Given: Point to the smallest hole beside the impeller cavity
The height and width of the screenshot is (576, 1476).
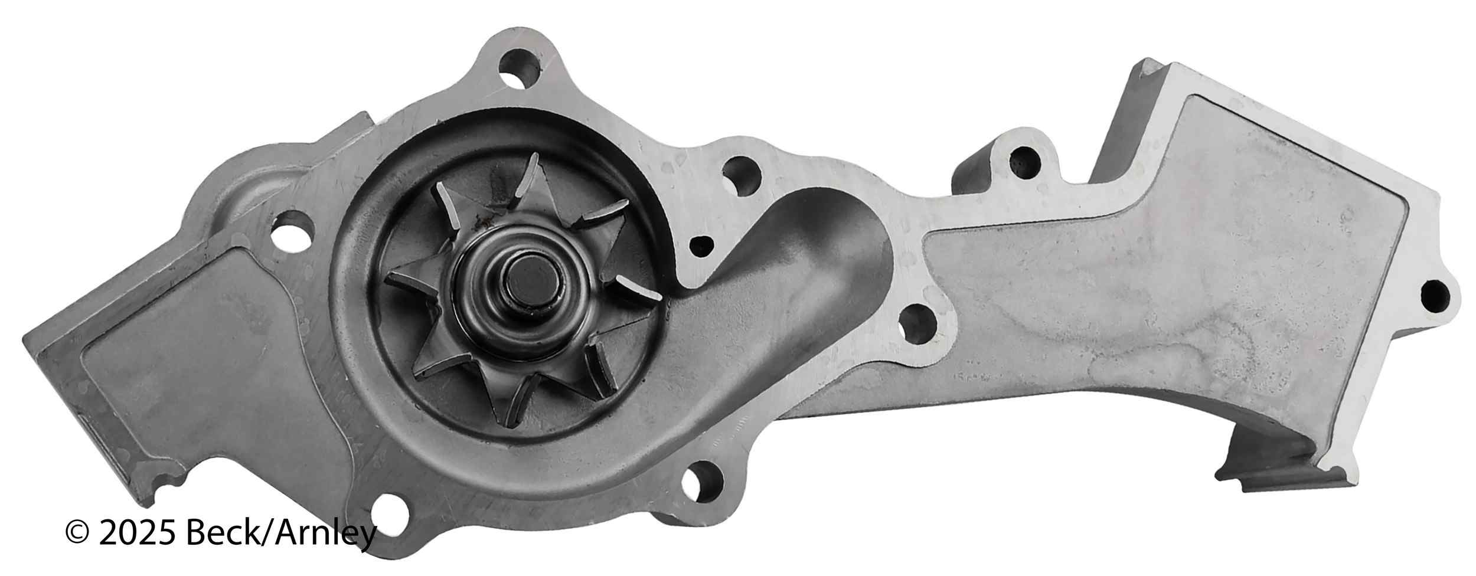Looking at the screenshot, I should pyautogui.click(x=701, y=245).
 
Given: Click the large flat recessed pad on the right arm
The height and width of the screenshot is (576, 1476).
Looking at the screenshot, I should pyautogui.click(x=1181, y=266).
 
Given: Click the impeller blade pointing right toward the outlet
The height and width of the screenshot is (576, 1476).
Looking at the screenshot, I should pyautogui.click(x=638, y=286).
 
